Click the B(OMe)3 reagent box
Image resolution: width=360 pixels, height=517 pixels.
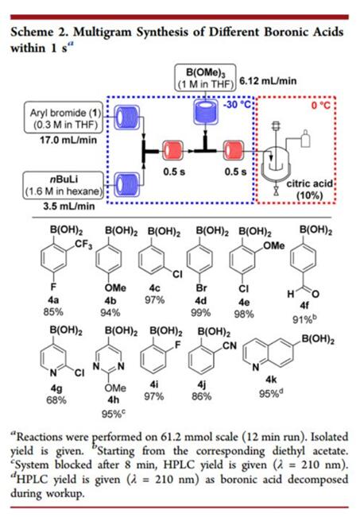click(205, 77)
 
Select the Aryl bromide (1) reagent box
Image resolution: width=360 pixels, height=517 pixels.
click(64, 118)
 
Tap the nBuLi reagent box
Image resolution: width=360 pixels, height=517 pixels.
click(63, 185)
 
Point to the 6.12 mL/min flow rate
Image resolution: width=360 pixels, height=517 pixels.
click(268, 81)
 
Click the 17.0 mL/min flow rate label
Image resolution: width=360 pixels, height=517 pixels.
click(68, 140)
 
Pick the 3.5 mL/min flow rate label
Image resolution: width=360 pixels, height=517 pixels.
click(69, 206)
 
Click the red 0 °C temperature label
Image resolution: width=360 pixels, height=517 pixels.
click(321, 106)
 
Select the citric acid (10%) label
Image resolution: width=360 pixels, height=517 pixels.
click(309, 190)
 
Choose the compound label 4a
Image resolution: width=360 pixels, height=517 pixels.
click(53, 300)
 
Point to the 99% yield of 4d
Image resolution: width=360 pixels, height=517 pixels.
click(200, 313)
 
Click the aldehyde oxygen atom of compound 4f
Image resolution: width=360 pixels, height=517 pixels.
click(315, 294)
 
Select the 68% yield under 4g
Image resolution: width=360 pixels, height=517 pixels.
click(56, 400)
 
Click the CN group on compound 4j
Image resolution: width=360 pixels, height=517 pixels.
click(230, 345)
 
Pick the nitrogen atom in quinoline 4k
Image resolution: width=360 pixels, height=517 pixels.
click(255, 368)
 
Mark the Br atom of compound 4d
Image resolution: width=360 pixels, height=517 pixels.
click(201, 287)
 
